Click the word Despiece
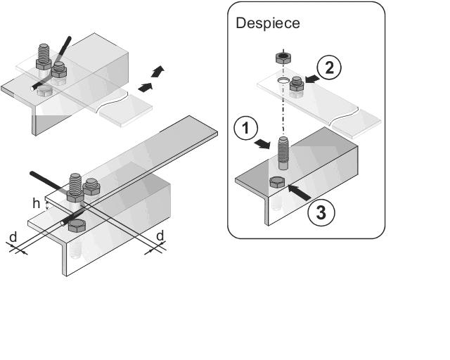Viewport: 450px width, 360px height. pos(268,22)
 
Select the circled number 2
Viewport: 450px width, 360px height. pos(329,68)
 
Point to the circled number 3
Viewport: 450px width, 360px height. pos(321,213)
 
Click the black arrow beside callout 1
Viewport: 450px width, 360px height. pos(262,144)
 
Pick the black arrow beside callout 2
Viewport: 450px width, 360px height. pos(311,82)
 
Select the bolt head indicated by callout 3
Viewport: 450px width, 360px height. pos(276,184)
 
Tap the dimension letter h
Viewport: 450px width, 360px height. pos(36,204)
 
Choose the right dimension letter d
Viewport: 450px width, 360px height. pos(160,236)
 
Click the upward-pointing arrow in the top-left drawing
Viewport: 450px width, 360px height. pos(160,70)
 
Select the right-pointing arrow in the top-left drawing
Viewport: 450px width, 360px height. pos(146,86)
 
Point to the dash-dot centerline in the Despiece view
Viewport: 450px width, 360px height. pos(282,109)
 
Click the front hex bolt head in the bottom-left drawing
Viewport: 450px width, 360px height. pos(77,226)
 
